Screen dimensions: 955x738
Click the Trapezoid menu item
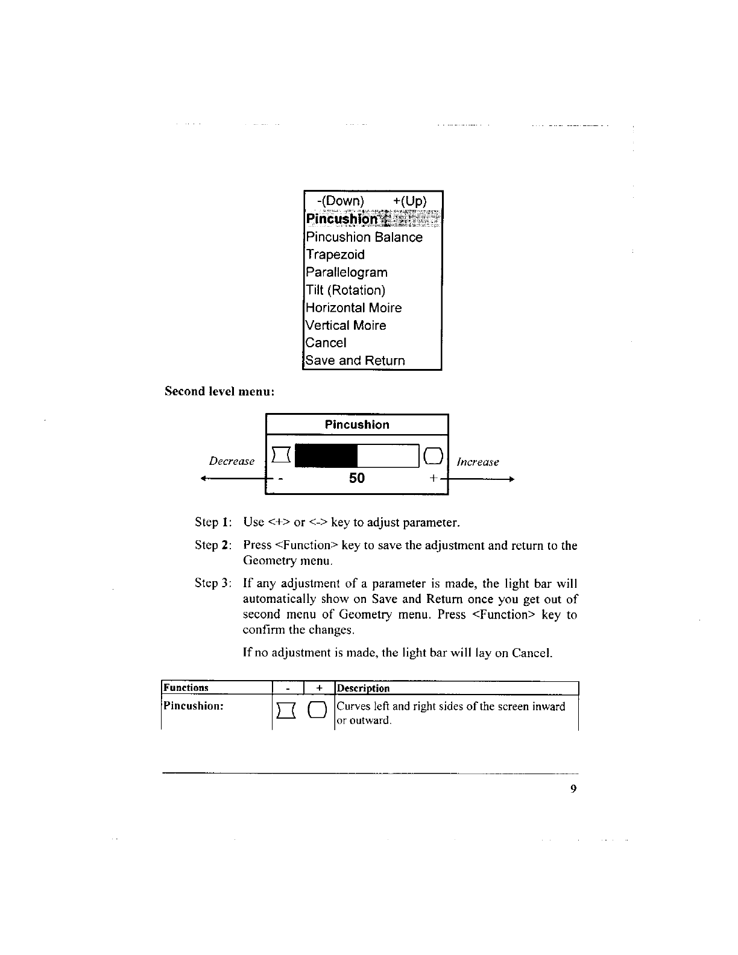[x=335, y=255]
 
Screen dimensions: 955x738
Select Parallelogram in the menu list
[x=347, y=273]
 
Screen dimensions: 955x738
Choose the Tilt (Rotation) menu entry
[x=345, y=290]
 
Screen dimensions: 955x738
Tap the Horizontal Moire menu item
[x=353, y=308]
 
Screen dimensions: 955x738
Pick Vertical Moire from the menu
[x=345, y=326]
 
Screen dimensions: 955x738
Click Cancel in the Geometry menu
[x=326, y=343]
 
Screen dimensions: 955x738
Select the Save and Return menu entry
[x=355, y=361]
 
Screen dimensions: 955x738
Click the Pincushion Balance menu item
[x=364, y=238]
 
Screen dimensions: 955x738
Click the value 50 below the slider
[x=357, y=478]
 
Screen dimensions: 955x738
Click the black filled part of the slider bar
[x=330, y=456]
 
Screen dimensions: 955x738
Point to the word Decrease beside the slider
[x=232, y=461]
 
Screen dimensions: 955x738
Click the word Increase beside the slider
[x=478, y=462]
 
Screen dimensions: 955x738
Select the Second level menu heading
[x=220, y=391]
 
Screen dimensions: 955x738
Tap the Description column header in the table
[x=363, y=688]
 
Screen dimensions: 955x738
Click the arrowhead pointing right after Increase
[x=510, y=479]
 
